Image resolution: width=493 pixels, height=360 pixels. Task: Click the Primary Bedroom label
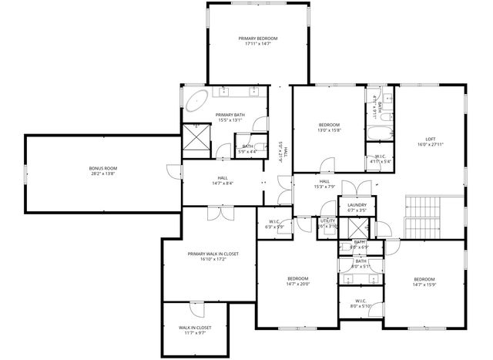point(257,39)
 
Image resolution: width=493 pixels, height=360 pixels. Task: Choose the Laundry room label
point(356,204)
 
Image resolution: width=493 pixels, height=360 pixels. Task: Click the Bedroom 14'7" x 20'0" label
point(297,278)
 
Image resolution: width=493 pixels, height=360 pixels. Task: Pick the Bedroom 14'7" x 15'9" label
point(424,279)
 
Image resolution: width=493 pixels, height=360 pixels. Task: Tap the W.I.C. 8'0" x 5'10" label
point(361,301)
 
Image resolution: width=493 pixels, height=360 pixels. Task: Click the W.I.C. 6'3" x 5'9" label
point(274,222)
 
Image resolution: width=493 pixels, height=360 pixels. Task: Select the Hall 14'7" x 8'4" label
point(223,178)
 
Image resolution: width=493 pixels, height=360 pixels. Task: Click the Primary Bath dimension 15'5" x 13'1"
point(230,120)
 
